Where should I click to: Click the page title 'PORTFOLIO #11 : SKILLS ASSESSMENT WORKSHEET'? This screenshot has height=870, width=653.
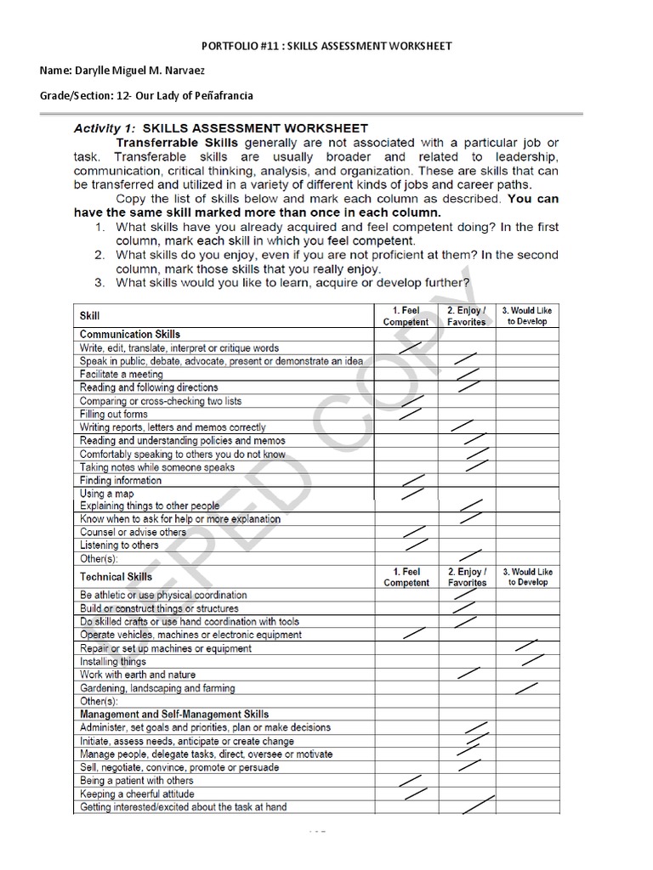[326, 45]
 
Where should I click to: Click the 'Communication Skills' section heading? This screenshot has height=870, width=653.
[130, 334]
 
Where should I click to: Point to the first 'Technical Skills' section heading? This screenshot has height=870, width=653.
[116, 577]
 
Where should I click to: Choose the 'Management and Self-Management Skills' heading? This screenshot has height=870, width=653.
[174, 715]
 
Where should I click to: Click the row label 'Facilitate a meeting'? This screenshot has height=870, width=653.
[122, 374]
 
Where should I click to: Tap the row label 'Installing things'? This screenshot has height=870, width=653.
[113, 661]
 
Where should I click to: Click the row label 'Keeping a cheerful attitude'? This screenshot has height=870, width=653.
[137, 794]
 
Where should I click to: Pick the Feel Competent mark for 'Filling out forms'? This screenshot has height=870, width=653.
[411, 414]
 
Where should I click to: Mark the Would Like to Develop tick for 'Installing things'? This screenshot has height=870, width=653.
[532, 659]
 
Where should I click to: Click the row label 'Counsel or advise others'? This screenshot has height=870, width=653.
[133, 532]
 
